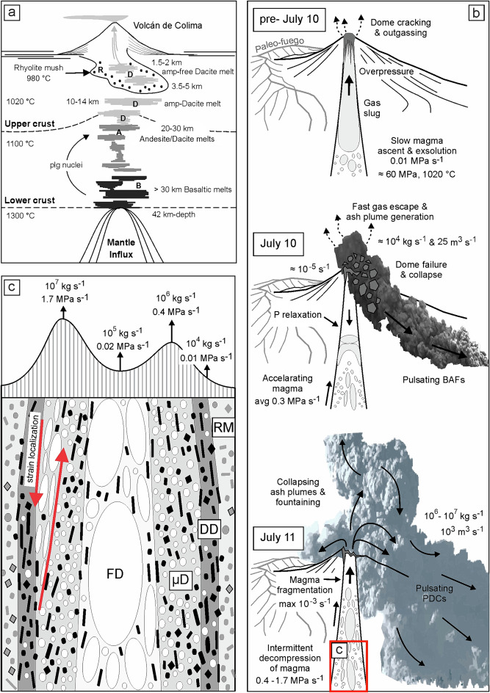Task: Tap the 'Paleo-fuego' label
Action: tap(276, 45)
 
